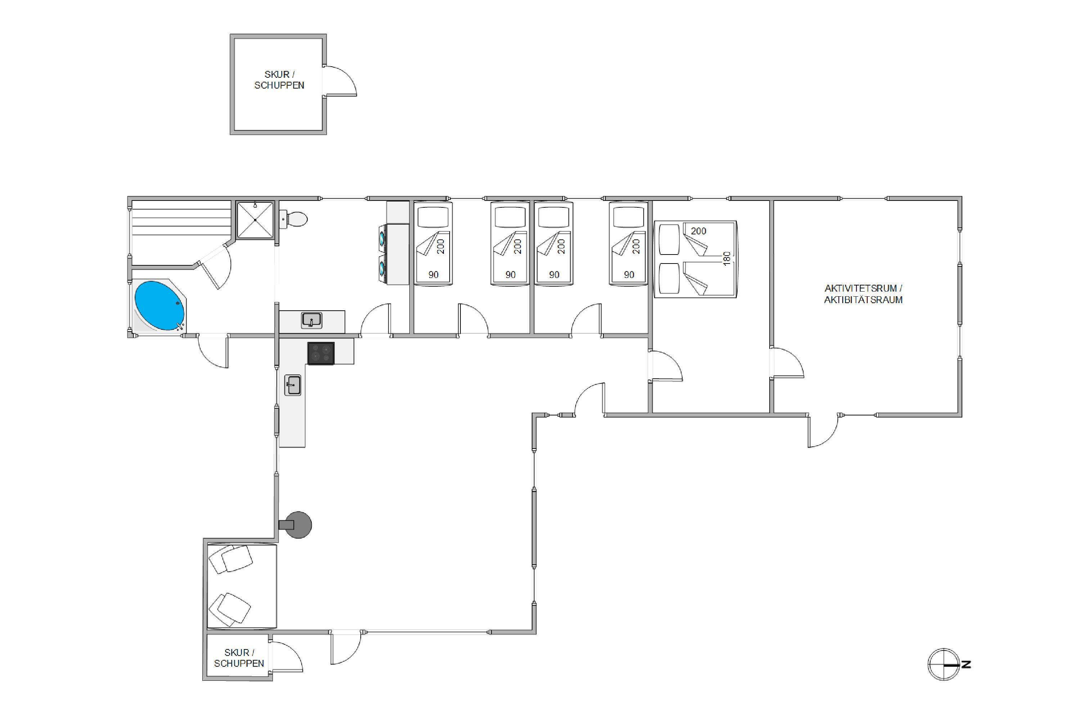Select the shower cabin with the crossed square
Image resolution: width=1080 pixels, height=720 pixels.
[x=255, y=220]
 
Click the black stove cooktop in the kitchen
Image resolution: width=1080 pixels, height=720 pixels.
[x=320, y=354]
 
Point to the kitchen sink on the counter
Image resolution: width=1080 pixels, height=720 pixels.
[x=293, y=385]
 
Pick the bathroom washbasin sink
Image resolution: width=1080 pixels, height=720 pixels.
[x=312, y=320]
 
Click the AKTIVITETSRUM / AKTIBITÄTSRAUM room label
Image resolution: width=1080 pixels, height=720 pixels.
[x=863, y=294]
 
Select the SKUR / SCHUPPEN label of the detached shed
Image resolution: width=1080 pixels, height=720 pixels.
[x=279, y=80]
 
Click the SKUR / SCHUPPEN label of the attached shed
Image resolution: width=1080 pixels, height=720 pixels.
[x=239, y=658]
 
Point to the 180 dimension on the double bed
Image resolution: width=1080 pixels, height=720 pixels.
[x=726, y=258]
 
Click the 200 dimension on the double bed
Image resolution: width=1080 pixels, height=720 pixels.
[x=698, y=231]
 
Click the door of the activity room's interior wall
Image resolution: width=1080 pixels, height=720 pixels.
[x=788, y=363]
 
